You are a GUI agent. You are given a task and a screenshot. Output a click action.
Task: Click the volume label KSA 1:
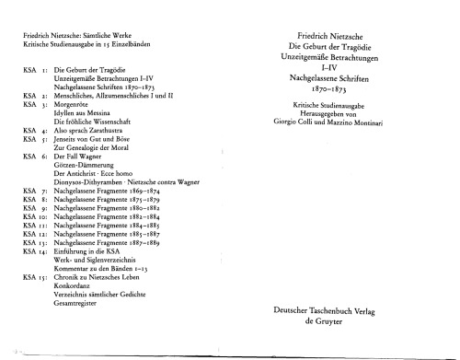pos(35,70)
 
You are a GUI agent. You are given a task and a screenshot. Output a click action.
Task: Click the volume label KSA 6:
pos(35,157)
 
